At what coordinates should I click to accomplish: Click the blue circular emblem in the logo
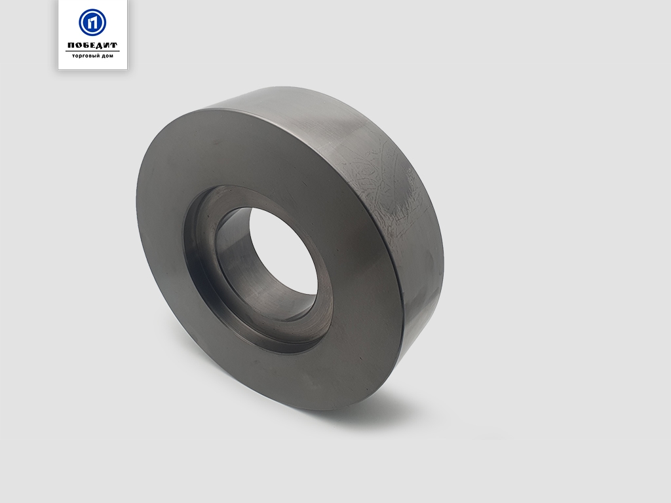click(x=92, y=22)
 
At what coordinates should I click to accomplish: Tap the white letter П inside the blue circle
click(x=92, y=22)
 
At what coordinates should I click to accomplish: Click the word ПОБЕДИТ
click(x=92, y=45)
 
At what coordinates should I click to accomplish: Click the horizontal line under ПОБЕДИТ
click(x=92, y=51)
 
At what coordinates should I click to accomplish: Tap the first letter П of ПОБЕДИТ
click(x=71, y=45)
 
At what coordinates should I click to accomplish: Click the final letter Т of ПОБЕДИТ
click(x=113, y=45)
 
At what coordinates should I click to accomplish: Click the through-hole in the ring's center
click(x=283, y=251)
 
